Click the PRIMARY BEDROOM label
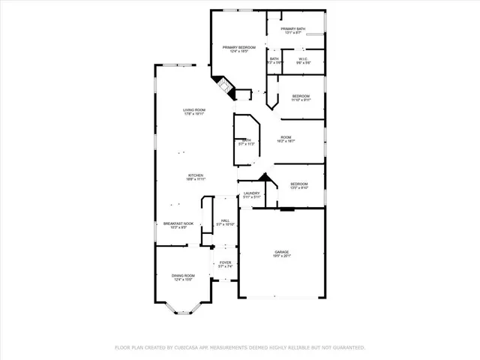pyautogui.click(x=238, y=47)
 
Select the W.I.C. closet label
pyautogui.click(x=303, y=59)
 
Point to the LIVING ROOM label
pyautogui.click(x=194, y=110)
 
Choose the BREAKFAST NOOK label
pyautogui.click(x=178, y=223)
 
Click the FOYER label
pyautogui.click(x=225, y=262)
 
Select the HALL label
pyautogui.click(x=225, y=220)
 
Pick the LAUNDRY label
pyautogui.click(x=251, y=193)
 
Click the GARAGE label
pyautogui.click(x=281, y=252)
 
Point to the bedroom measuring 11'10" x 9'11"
pyautogui.click(x=301, y=100)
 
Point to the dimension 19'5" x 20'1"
pyautogui.click(x=281, y=256)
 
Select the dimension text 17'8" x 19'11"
pyautogui.click(x=194, y=115)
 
